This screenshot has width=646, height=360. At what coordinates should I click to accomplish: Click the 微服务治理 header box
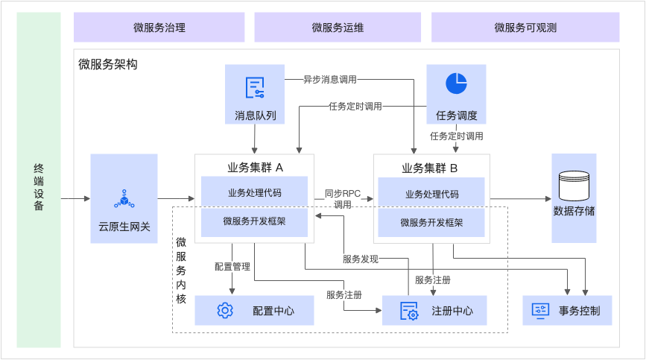[159, 28]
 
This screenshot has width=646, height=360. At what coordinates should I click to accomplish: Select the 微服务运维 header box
[338, 28]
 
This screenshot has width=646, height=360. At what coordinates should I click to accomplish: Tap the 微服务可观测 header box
[525, 28]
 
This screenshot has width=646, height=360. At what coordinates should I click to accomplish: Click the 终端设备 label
[39, 188]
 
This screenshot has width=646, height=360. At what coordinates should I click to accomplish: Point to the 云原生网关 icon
[124, 198]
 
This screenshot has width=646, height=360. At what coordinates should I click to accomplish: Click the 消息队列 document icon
[256, 87]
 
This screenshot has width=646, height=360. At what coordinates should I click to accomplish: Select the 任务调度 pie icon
[456, 83]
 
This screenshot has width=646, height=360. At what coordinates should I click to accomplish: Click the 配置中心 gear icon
[225, 310]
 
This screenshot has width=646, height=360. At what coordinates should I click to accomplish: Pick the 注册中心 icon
[409, 310]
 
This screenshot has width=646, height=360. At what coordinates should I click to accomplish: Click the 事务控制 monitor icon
[540, 310]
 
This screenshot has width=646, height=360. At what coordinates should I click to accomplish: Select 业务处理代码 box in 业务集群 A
[254, 194]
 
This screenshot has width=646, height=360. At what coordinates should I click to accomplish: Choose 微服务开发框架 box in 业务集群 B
[431, 222]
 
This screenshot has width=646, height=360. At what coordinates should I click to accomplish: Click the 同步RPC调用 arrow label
[343, 199]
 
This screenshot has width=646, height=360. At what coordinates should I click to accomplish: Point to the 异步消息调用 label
[330, 79]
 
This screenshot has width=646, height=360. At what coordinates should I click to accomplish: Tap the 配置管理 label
[232, 266]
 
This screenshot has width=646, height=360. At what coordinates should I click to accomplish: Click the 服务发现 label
[361, 259]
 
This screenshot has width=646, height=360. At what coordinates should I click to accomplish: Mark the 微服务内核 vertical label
[181, 270]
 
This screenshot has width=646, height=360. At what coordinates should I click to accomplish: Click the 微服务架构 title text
[108, 65]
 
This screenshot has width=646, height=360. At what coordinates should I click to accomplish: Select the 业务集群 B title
[431, 168]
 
